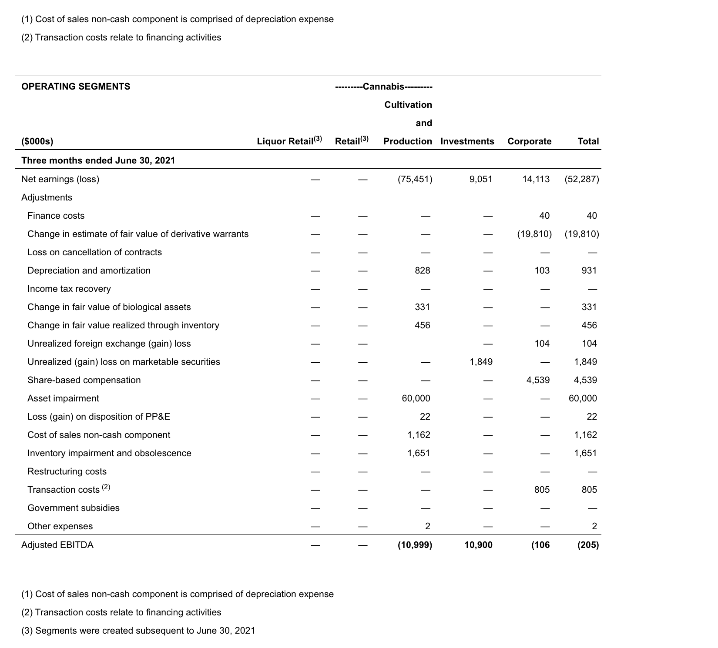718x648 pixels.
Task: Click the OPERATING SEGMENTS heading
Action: click(76, 87)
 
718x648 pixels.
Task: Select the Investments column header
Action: click(467, 141)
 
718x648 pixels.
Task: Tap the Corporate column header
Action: click(529, 141)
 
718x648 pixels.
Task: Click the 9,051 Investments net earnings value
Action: click(481, 179)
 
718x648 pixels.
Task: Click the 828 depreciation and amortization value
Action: click(422, 271)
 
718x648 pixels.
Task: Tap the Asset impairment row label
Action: click(63, 398)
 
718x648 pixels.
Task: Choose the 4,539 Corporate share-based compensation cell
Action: click(538, 380)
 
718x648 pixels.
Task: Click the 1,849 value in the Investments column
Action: click(481, 362)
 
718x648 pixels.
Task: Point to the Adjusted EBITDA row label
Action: click(57, 545)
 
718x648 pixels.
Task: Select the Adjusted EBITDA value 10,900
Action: click(478, 545)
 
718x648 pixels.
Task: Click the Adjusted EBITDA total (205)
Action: click(588, 545)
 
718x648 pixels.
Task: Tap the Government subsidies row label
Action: click(73, 508)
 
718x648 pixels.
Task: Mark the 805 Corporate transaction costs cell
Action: click(542, 490)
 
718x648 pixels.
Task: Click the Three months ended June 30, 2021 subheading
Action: click(98, 160)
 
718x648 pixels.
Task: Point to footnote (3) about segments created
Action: click(138, 631)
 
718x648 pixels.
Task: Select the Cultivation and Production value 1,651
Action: click(418, 453)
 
